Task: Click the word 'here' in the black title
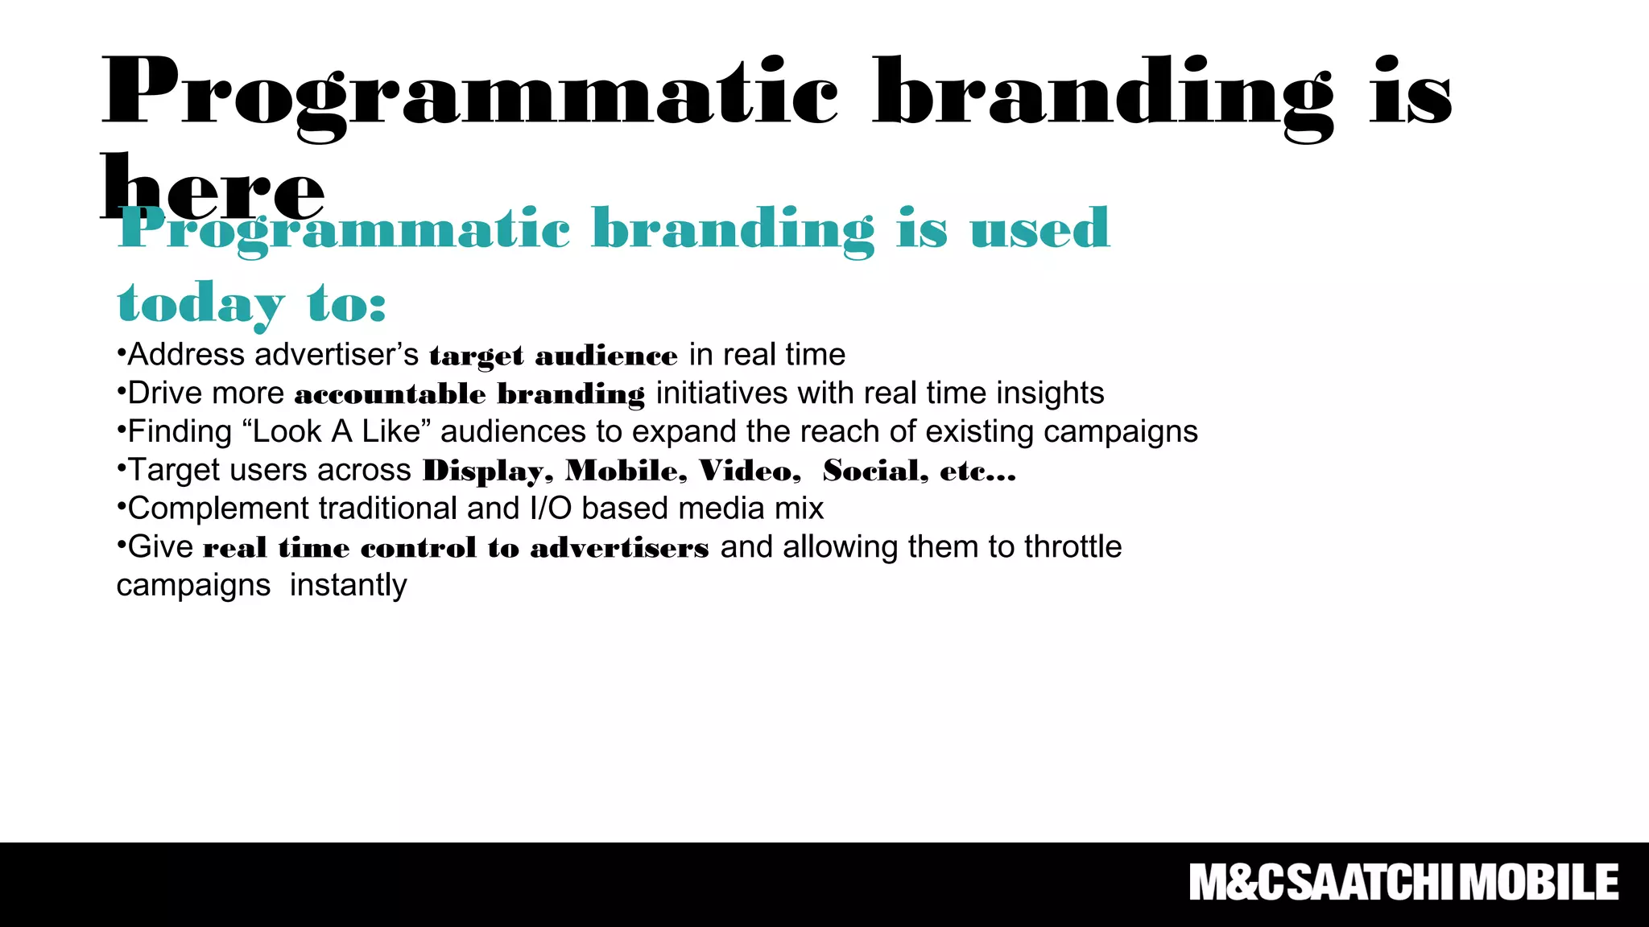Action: click(x=213, y=189)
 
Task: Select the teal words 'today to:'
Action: click(x=251, y=304)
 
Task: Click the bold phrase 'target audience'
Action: click(x=553, y=356)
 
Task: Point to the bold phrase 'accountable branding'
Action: click(x=469, y=394)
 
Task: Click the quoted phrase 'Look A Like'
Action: click(x=337, y=432)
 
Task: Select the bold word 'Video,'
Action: click(x=750, y=471)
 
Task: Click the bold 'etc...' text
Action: click(x=977, y=471)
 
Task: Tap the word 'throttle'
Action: click(x=1072, y=547)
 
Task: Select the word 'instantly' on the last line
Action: click(x=348, y=586)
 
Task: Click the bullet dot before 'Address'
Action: click(x=121, y=353)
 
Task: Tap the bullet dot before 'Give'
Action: click(x=121, y=546)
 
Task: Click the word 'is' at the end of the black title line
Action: click(x=1411, y=93)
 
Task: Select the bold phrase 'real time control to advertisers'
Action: click(x=456, y=548)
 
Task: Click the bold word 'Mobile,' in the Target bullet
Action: click(x=626, y=471)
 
